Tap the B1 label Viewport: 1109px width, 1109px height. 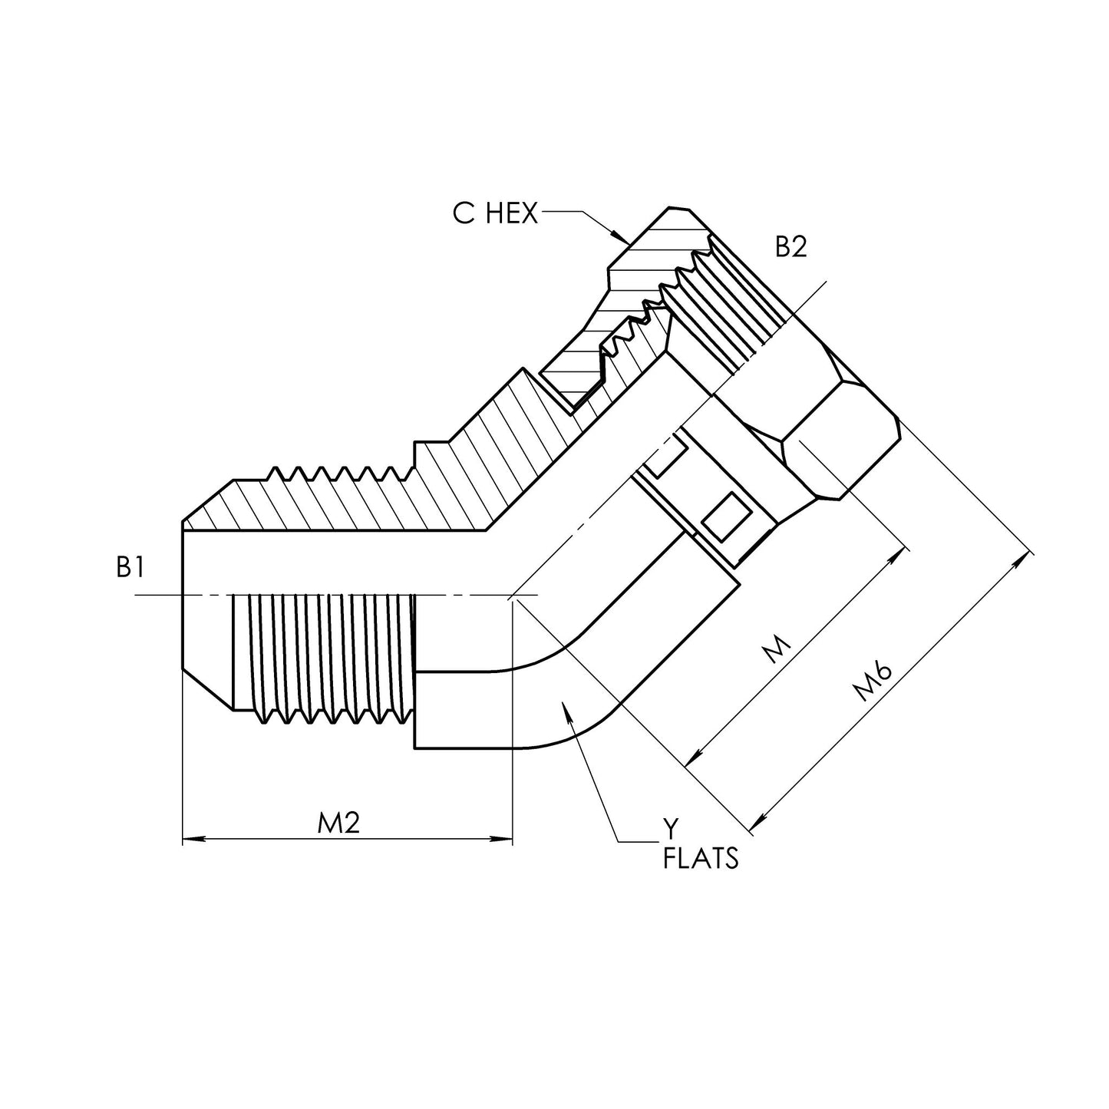(131, 567)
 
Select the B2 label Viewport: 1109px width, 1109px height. (790, 247)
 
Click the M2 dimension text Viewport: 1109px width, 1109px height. (338, 823)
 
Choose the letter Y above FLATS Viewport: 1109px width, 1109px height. (671, 828)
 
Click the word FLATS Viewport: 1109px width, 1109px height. (700, 857)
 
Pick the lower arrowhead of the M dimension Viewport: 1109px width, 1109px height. (691, 759)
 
